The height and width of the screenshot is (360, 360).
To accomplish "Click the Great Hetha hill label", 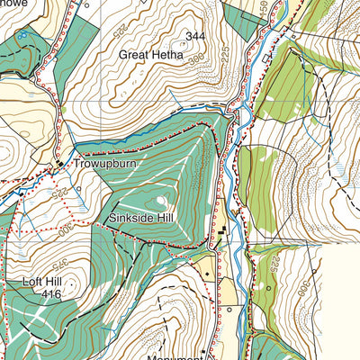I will coord(150,54).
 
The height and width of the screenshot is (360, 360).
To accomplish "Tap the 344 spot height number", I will coord(195,36).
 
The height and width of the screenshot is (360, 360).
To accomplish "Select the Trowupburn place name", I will coord(99,166).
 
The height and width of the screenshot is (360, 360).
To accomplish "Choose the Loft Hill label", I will coord(40,282).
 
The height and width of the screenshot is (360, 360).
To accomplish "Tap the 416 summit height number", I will coord(50,294).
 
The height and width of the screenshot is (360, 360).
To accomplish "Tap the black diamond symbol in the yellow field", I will coord(207,270).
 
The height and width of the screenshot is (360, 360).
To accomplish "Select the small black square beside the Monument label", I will coord(204,349).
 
